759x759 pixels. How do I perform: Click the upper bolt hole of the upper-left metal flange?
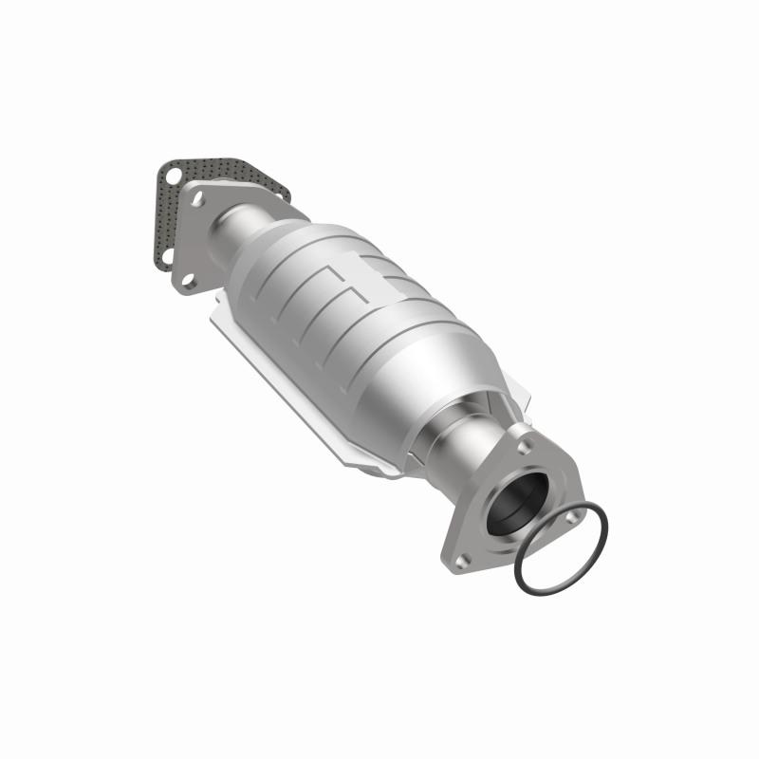199,200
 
